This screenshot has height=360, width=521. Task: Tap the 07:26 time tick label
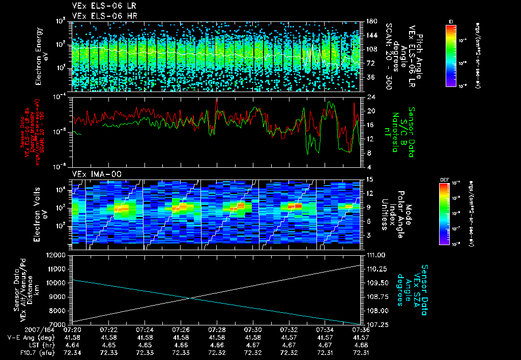click(x=181, y=330)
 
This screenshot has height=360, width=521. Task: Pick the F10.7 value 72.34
click(x=73, y=352)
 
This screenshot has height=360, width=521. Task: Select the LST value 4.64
click(x=73, y=345)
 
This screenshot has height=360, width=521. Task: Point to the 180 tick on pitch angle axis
click(x=367, y=21)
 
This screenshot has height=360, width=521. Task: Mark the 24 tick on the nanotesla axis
click(x=365, y=97)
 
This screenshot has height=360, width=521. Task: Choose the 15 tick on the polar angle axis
click(x=365, y=179)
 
